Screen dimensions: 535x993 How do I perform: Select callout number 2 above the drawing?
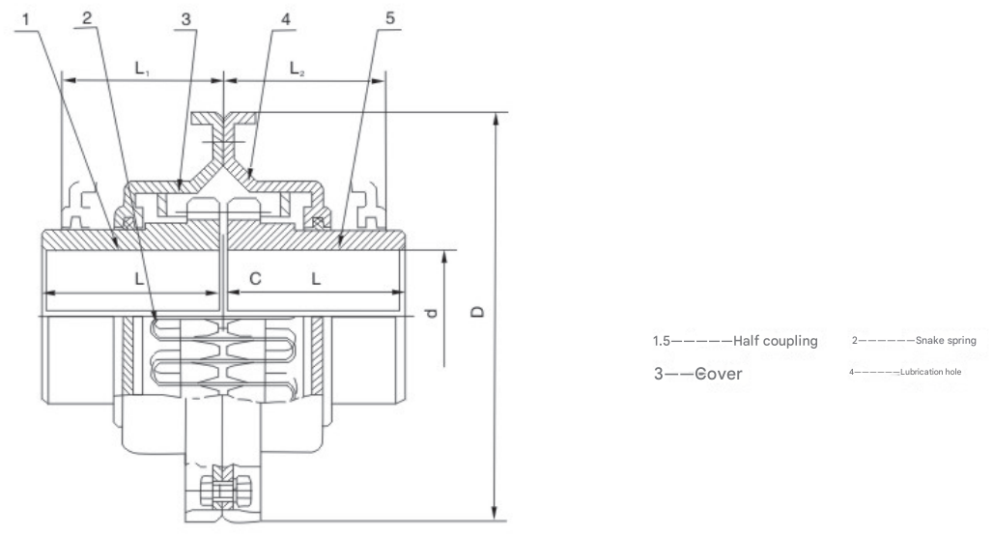click(x=88, y=18)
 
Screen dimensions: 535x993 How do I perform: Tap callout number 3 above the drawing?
click(x=186, y=18)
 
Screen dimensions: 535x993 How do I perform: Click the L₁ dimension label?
click(x=142, y=68)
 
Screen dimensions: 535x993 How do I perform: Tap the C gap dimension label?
click(x=255, y=278)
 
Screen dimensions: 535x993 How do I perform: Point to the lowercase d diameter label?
click(x=432, y=313)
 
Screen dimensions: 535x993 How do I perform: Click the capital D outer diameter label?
click(x=480, y=312)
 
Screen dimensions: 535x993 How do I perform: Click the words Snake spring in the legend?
click(x=937, y=341)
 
